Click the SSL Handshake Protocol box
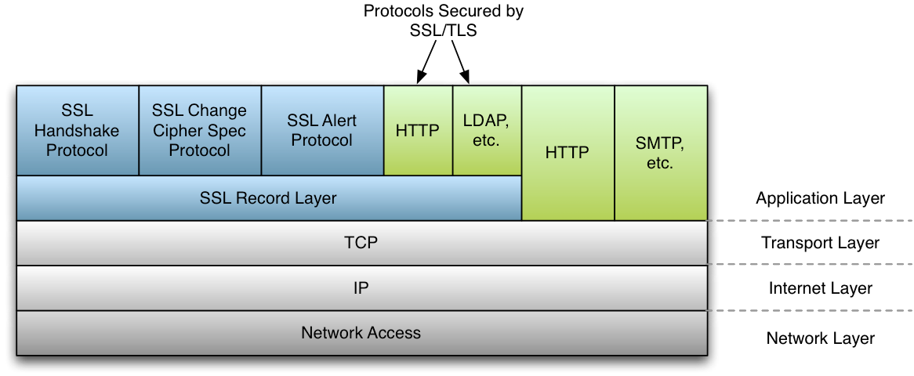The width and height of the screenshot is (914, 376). [x=77, y=131]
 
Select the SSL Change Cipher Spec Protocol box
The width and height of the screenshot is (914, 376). [x=199, y=131]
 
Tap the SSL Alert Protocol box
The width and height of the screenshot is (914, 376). [x=321, y=131]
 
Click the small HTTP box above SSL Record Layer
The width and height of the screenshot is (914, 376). [x=418, y=131]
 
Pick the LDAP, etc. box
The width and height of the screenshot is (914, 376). [x=487, y=131]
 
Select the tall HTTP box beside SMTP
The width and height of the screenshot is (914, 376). [x=568, y=154]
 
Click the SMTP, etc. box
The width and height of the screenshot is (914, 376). [x=660, y=154]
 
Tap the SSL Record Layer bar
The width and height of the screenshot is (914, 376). [x=268, y=198]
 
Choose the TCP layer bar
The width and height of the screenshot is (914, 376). [x=361, y=243]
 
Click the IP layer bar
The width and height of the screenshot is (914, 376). [x=361, y=288]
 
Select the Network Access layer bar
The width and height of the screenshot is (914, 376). [x=361, y=333]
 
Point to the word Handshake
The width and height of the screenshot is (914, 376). [x=77, y=131]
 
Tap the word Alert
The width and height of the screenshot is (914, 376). [x=338, y=121]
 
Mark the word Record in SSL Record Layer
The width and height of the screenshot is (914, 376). [x=263, y=198]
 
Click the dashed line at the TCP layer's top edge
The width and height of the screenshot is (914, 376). [x=807, y=221]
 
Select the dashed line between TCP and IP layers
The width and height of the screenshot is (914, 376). [x=807, y=265]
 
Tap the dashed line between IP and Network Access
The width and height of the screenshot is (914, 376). [x=807, y=311]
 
